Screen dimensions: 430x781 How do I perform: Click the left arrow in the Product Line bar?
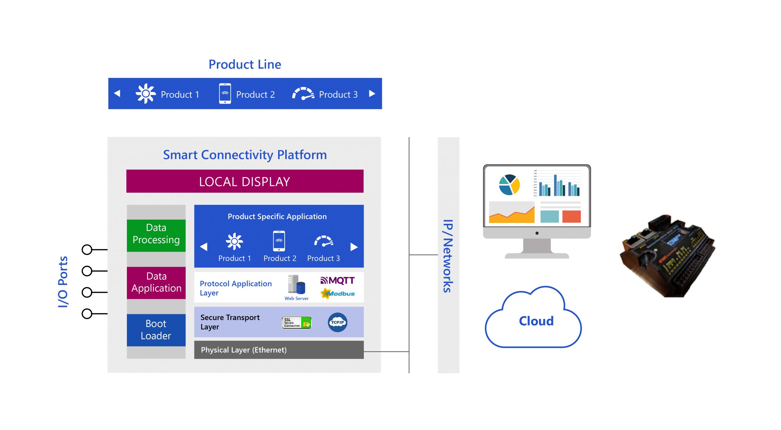tap(117, 93)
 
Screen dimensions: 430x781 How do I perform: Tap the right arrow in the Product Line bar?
tap(372, 93)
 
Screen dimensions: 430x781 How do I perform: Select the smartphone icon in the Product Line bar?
tap(225, 93)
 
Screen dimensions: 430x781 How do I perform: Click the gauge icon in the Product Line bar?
tap(303, 94)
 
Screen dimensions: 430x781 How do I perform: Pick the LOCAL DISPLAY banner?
tap(245, 181)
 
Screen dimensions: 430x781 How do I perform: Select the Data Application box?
tap(156, 282)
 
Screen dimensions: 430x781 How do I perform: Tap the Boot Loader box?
tap(156, 330)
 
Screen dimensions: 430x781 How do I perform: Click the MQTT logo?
tap(337, 280)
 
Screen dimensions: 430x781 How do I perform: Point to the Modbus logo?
tap(337, 293)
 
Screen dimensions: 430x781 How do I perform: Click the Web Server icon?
tap(296, 285)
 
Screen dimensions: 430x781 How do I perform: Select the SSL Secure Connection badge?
tap(296, 322)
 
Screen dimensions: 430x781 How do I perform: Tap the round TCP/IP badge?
tap(337, 322)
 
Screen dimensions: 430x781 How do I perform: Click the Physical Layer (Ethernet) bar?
tap(279, 350)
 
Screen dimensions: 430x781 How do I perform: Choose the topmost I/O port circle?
tap(87, 250)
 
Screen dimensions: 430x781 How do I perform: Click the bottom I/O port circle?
tap(87, 314)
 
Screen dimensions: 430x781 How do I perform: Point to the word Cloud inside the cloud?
tap(536, 321)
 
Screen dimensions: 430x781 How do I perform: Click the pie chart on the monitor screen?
tap(509, 185)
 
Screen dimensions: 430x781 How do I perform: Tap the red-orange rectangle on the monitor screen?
tap(571, 216)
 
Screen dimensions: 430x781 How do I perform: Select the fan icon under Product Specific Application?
tap(234, 241)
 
